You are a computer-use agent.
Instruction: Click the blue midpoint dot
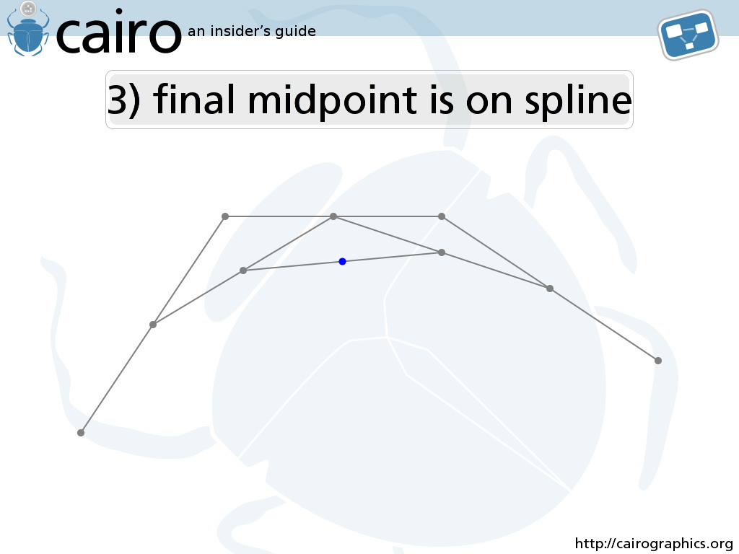(x=343, y=261)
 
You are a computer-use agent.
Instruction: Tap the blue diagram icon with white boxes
(x=688, y=35)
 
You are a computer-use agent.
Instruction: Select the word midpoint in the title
(x=332, y=100)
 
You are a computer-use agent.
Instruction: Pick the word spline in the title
(x=578, y=100)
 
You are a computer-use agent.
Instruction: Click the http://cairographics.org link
(x=654, y=544)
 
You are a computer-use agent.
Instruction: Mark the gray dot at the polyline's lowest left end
(x=81, y=433)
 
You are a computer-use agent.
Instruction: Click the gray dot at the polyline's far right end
(x=658, y=361)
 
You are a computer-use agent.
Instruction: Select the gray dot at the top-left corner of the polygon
(x=225, y=216)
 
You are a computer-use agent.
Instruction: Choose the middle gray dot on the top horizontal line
(x=333, y=216)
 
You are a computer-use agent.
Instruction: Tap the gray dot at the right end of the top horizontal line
(x=442, y=216)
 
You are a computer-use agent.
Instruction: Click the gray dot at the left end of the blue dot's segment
(x=243, y=271)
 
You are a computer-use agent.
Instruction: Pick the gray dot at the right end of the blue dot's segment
(x=442, y=252)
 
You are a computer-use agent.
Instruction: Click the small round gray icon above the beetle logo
(x=29, y=8)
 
